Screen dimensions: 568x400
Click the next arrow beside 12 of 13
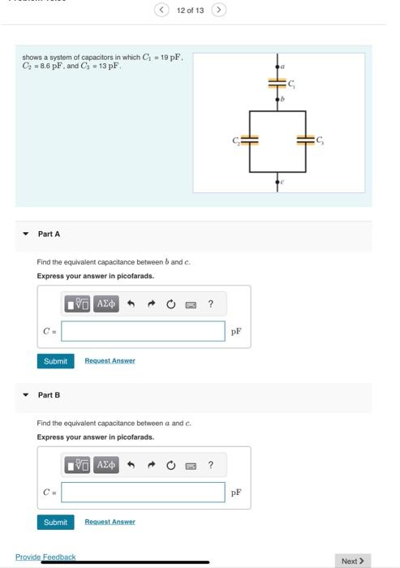click(x=218, y=10)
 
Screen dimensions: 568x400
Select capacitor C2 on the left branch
click(x=250, y=139)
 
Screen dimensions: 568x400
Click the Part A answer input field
click(x=143, y=331)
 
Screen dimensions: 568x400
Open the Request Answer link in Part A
click(x=110, y=360)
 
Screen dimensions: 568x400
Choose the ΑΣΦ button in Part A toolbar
click(x=106, y=304)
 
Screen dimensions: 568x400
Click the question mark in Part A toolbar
click(x=210, y=304)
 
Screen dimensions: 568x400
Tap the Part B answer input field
click(x=143, y=493)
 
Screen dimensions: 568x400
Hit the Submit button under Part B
click(x=55, y=522)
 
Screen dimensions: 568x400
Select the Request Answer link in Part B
click(x=110, y=522)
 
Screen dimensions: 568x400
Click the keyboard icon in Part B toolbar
click(x=191, y=466)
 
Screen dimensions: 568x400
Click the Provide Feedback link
click(x=45, y=557)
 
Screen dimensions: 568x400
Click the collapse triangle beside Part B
click(x=25, y=395)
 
